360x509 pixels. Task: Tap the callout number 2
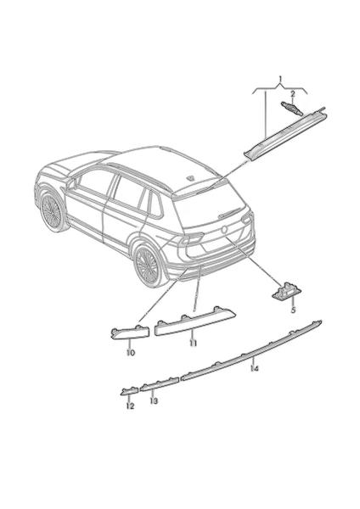point(292,94)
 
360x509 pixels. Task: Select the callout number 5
point(294,310)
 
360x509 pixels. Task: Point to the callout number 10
point(131,353)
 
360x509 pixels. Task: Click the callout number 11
point(194,343)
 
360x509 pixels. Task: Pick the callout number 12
point(130,406)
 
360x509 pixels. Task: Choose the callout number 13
point(154,401)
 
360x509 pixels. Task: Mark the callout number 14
point(255,368)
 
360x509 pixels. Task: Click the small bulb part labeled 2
point(291,108)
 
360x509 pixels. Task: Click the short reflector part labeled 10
point(130,332)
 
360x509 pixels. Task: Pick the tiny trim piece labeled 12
point(129,391)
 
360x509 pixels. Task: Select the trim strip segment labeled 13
point(160,383)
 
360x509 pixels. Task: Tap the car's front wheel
point(52,211)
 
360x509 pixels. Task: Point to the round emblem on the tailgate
point(223,229)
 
